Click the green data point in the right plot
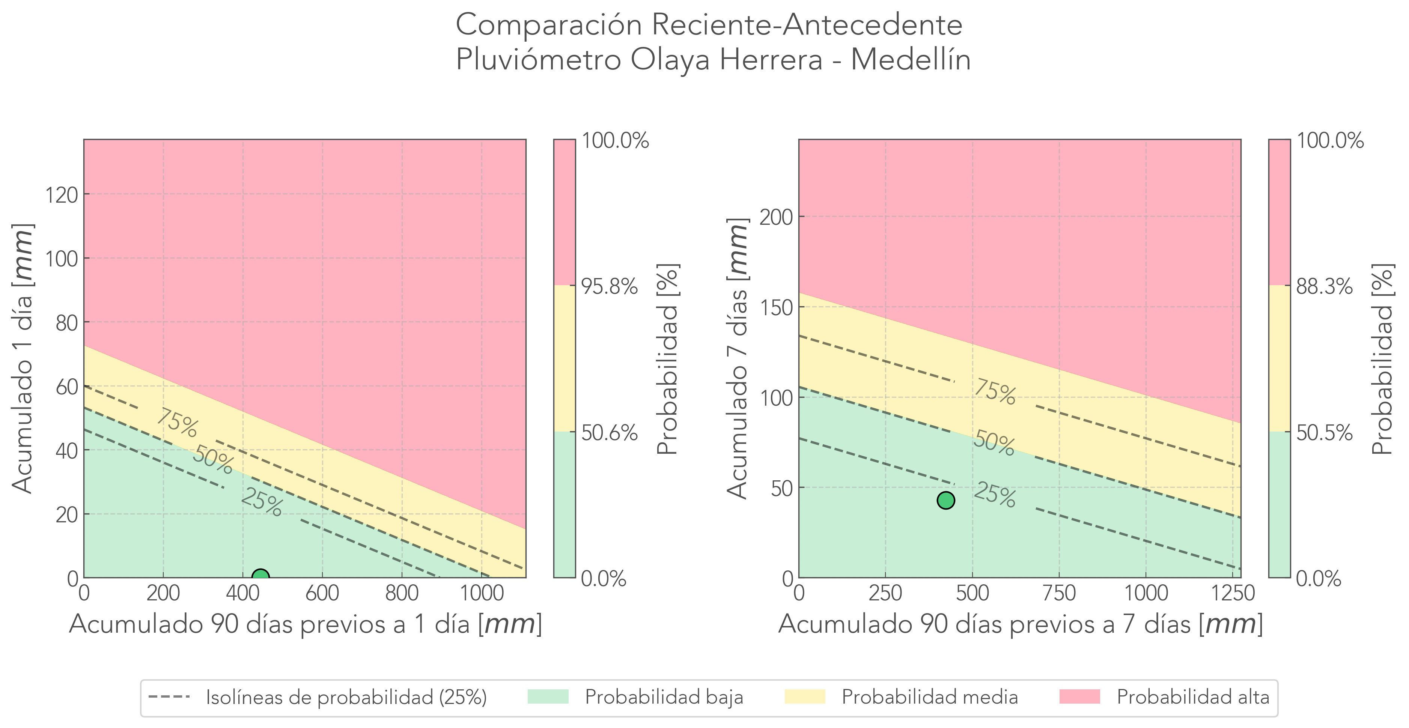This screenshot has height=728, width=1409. pos(946,500)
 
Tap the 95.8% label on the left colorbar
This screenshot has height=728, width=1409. pos(609,286)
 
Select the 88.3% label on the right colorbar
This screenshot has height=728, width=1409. pos(1324,286)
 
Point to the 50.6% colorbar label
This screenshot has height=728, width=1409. pos(609,433)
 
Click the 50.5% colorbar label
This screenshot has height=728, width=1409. pos(1324,433)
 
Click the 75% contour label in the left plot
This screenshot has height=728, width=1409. pos(177,423)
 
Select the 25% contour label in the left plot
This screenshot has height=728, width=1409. pos(262,502)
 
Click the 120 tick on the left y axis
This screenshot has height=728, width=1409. pos(61,195)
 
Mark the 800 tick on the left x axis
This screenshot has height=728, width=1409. pos(402,593)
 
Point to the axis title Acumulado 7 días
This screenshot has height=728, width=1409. pos(738,358)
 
